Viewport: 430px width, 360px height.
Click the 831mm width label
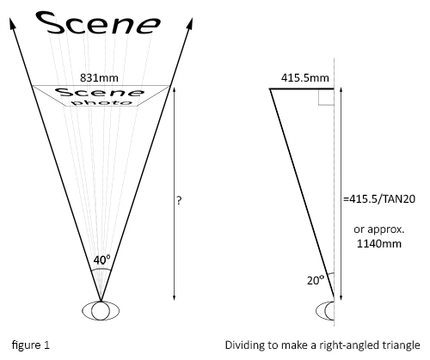(x=99, y=78)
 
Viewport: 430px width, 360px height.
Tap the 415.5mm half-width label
(x=304, y=78)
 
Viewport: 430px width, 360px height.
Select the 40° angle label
(x=101, y=260)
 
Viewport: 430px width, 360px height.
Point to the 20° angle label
(x=316, y=280)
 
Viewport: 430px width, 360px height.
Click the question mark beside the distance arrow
(x=179, y=200)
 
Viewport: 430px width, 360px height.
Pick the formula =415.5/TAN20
(x=379, y=198)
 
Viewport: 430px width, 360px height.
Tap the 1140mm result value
(x=379, y=244)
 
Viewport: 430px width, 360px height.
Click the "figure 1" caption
(x=31, y=345)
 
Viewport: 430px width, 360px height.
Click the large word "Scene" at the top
(x=98, y=23)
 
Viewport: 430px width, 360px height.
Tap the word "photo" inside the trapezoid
(x=102, y=102)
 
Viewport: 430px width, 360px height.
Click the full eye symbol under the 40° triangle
(x=101, y=310)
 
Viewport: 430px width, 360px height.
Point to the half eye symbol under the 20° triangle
(x=325, y=311)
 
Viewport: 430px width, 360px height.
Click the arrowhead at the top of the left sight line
(x=13, y=23)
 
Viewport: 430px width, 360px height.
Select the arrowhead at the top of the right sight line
(x=189, y=23)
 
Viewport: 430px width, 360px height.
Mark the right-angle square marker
(x=326, y=97)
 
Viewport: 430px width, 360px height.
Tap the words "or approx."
(x=379, y=229)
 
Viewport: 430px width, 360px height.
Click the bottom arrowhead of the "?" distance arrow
(x=174, y=297)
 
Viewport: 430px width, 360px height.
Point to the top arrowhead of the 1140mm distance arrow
(x=341, y=90)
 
